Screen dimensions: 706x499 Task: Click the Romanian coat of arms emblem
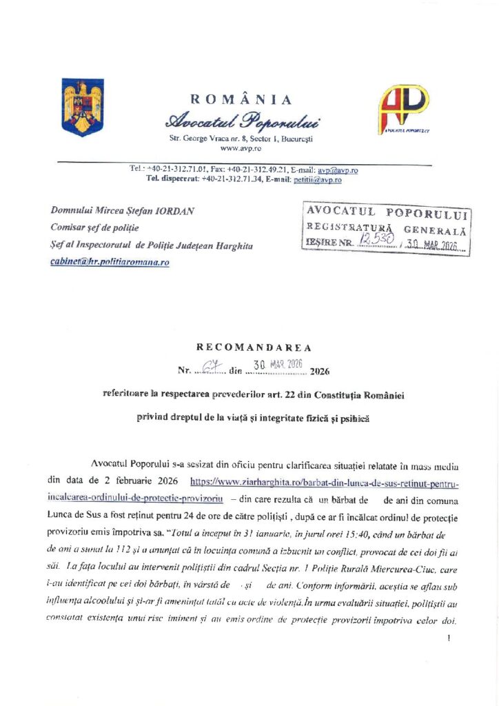[x=82, y=107]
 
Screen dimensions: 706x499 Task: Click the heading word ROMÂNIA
[x=241, y=100]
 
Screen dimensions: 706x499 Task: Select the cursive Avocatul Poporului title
[x=241, y=123]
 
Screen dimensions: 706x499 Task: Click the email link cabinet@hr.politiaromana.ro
[x=110, y=263]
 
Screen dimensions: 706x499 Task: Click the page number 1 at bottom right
[x=449, y=638]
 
